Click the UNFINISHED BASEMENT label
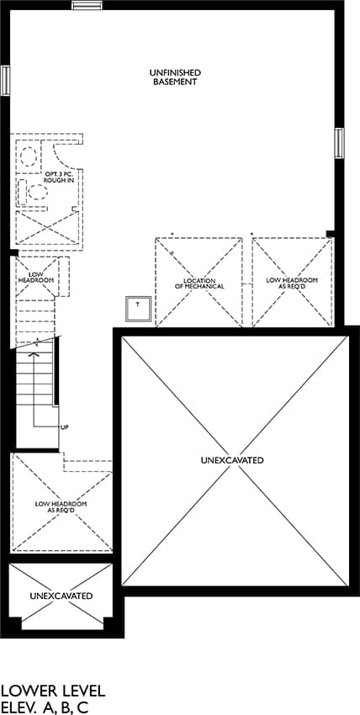pyautogui.click(x=175, y=77)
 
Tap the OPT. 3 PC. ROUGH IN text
pyautogui.click(x=58, y=177)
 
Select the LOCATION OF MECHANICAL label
pyautogui.click(x=199, y=283)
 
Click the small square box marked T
pyautogui.click(x=139, y=308)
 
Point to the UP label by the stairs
pyautogui.click(x=65, y=427)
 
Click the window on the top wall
pyautogui.click(x=87, y=5)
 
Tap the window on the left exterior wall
pyautogui.click(x=5, y=81)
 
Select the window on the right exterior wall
pyautogui.click(x=339, y=143)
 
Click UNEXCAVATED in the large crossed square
pyautogui.click(x=231, y=460)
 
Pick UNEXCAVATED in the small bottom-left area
pyautogui.click(x=61, y=596)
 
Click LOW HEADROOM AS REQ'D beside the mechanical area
pyautogui.click(x=292, y=283)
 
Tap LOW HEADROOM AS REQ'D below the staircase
pyautogui.click(x=61, y=507)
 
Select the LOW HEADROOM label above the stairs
pyautogui.click(x=36, y=277)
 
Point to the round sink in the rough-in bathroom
pyautogui.click(x=29, y=156)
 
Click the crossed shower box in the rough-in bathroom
pyautogui.click(x=47, y=228)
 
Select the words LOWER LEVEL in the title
pyautogui.click(x=53, y=691)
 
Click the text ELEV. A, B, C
pyautogui.click(x=45, y=707)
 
